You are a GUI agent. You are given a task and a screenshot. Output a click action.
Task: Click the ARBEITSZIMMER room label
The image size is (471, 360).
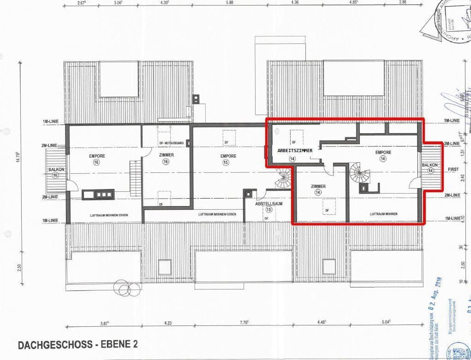pyautogui.click(x=295, y=150)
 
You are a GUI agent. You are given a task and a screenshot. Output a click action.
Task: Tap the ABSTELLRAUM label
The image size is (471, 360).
pyautogui.click(x=269, y=203)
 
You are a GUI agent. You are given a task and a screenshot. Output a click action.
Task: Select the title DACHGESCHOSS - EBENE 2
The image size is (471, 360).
pyautogui.click(x=77, y=344)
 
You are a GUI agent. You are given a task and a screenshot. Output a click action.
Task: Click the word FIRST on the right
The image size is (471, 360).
pyautogui.click(x=453, y=170)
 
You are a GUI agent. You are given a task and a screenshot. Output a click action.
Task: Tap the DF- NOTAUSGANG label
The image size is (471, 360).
pyautogui.click(x=171, y=143)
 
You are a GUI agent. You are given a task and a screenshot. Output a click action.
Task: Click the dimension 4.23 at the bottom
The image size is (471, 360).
pyautogui.click(x=167, y=323)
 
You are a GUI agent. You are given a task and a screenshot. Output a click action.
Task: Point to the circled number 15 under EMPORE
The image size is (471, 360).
pyautogui.click(x=226, y=162)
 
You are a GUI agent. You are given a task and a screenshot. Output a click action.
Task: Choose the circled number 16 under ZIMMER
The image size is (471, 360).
pyautogui.click(x=166, y=161)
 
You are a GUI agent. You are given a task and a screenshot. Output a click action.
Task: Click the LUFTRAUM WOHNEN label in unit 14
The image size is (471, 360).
pyautogui.click(x=383, y=214)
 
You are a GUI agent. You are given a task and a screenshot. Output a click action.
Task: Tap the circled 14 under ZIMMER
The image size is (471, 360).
pyautogui.click(x=318, y=192)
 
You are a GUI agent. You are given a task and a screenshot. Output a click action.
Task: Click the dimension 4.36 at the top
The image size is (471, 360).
pyautogui.click(x=296, y=3)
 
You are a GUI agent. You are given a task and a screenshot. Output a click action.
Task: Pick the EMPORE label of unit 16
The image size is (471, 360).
pyautogui.click(x=97, y=156)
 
